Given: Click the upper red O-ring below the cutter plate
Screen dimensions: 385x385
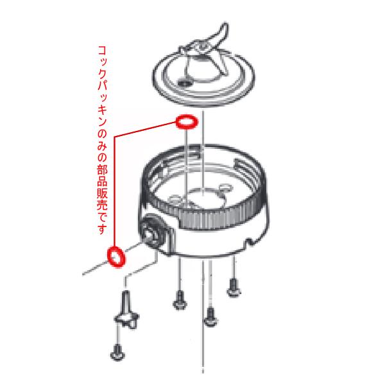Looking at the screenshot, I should point(185,121).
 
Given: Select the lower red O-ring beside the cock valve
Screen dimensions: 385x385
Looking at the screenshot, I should point(116,255).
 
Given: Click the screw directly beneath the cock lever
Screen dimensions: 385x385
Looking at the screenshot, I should point(117,352).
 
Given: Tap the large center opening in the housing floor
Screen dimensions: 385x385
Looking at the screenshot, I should point(204,196).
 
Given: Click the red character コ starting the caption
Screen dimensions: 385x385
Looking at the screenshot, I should point(102,50).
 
